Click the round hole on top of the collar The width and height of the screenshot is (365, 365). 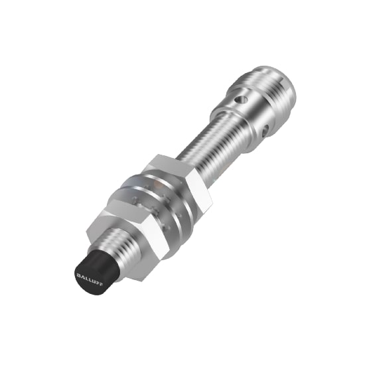[244, 100]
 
